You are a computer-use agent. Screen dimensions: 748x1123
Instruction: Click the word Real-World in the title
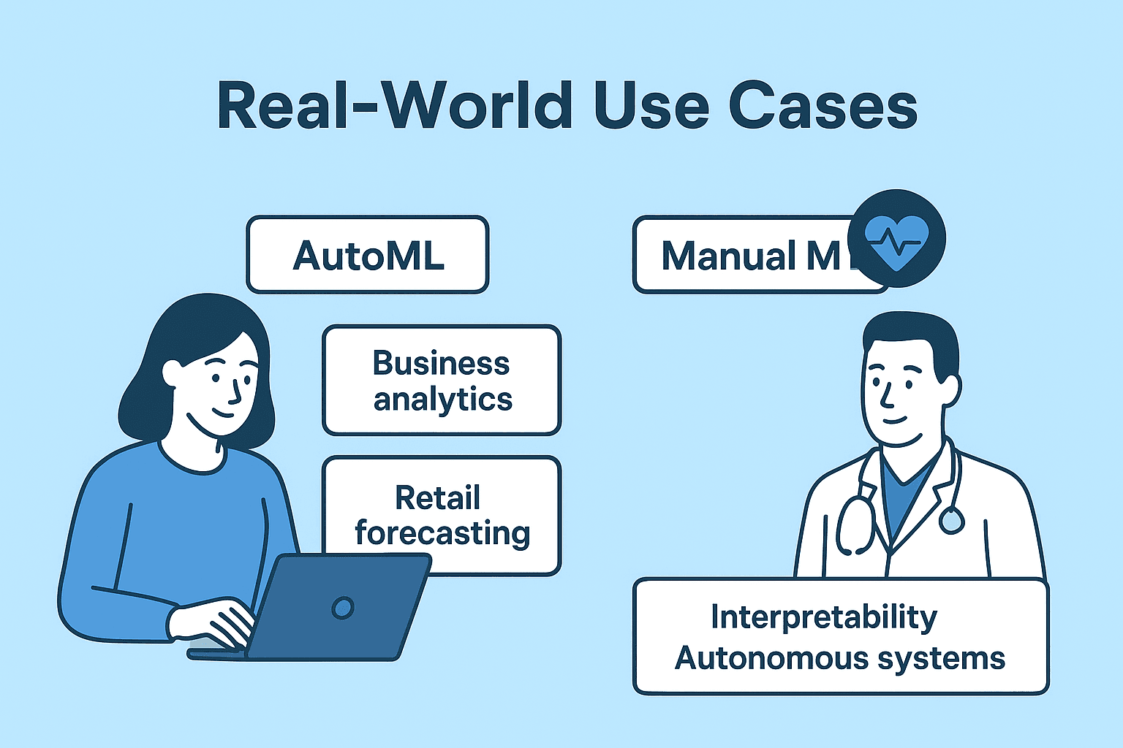pyautogui.click(x=395, y=106)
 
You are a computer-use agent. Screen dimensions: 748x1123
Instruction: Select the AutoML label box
pyautogui.click(x=368, y=255)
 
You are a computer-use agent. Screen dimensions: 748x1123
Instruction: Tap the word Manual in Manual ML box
pyautogui.click(x=728, y=256)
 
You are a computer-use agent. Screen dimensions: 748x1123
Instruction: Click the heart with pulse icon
pyautogui.click(x=896, y=239)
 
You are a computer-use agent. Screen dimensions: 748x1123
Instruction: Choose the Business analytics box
pyautogui.click(x=442, y=381)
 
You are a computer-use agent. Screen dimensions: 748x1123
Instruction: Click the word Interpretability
pyautogui.click(x=824, y=617)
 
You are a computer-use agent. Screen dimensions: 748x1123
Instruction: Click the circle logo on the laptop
pyautogui.click(x=342, y=608)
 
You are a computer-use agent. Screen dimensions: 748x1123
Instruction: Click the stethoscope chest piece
pyautogui.click(x=951, y=519)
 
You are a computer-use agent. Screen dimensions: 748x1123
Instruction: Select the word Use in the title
pyautogui.click(x=651, y=106)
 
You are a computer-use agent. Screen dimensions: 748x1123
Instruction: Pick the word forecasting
pyautogui.click(x=442, y=534)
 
